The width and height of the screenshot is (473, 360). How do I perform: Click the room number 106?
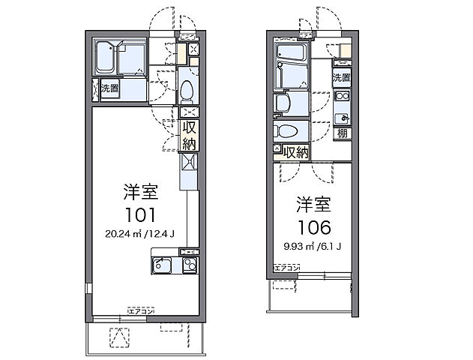click(x=314, y=225)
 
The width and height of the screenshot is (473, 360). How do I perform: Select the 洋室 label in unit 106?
click(x=313, y=204)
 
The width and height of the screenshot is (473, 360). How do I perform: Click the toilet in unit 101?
click(x=188, y=91)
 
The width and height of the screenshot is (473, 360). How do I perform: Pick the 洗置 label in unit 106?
click(x=342, y=77)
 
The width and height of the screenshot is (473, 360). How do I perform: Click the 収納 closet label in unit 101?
click(x=189, y=135)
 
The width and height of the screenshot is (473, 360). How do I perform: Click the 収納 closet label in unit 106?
click(x=297, y=151)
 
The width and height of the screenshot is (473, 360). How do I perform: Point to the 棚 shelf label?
click(x=342, y=134)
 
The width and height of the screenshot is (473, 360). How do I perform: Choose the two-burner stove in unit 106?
click(x=342, y=96)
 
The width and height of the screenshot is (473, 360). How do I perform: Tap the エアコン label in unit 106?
click(x=287, y=268)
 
